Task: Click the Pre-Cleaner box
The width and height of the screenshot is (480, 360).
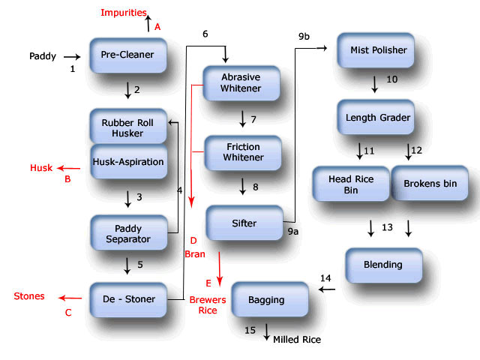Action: coord(127,55)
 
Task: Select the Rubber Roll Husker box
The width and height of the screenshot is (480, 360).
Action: coord(127,127)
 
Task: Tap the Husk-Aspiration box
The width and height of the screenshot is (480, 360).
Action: coord(127,160)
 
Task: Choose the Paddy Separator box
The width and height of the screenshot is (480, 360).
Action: coord(127,232)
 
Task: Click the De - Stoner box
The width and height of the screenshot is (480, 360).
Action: coord(127,299)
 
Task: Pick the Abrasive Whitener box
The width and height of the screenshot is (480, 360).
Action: coord(241,83)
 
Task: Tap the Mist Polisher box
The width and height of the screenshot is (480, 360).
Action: coord(378,50)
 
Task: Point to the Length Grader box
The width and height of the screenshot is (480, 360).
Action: coord(377,118)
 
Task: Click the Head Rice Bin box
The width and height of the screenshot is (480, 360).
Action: coord(350,184)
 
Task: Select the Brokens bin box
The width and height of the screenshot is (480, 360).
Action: coord(429,183)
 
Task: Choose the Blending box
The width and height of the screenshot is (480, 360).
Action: coord(383,264)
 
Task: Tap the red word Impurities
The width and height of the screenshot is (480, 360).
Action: coord(124,13)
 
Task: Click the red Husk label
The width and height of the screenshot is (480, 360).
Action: coord(41,168)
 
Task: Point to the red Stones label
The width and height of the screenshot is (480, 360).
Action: coord(29,296)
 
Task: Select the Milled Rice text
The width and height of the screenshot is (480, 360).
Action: coord(297,340)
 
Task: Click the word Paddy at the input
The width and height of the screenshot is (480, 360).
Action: coord(43,56)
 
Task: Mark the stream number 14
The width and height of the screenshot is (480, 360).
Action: coord(325,278)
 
